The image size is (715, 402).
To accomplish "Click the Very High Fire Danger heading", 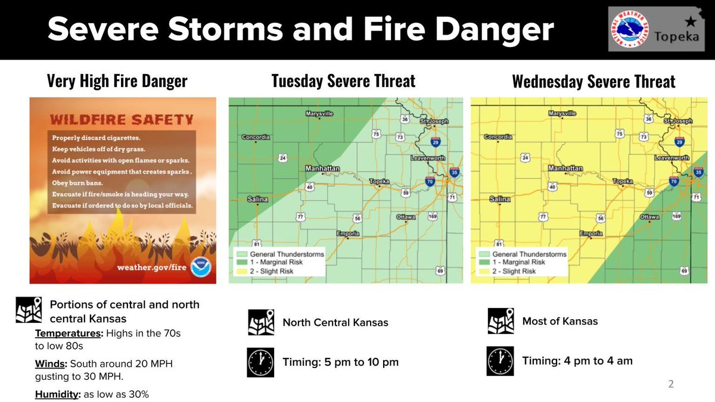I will (117, 81).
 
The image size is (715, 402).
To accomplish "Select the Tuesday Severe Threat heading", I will (343, 81).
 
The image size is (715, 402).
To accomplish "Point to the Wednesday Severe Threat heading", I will (593, 82).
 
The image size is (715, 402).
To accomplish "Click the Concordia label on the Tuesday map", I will (256, 138).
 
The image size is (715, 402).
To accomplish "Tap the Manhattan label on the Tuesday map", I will (322, 169).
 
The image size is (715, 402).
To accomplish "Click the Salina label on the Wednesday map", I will (500, 199).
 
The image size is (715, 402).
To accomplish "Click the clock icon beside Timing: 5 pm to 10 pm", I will (260, 362).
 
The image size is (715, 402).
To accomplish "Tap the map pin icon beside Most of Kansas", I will (501, 322).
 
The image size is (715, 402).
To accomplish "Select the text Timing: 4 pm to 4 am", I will (577, 360).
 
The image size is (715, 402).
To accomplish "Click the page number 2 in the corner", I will (671, 384).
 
